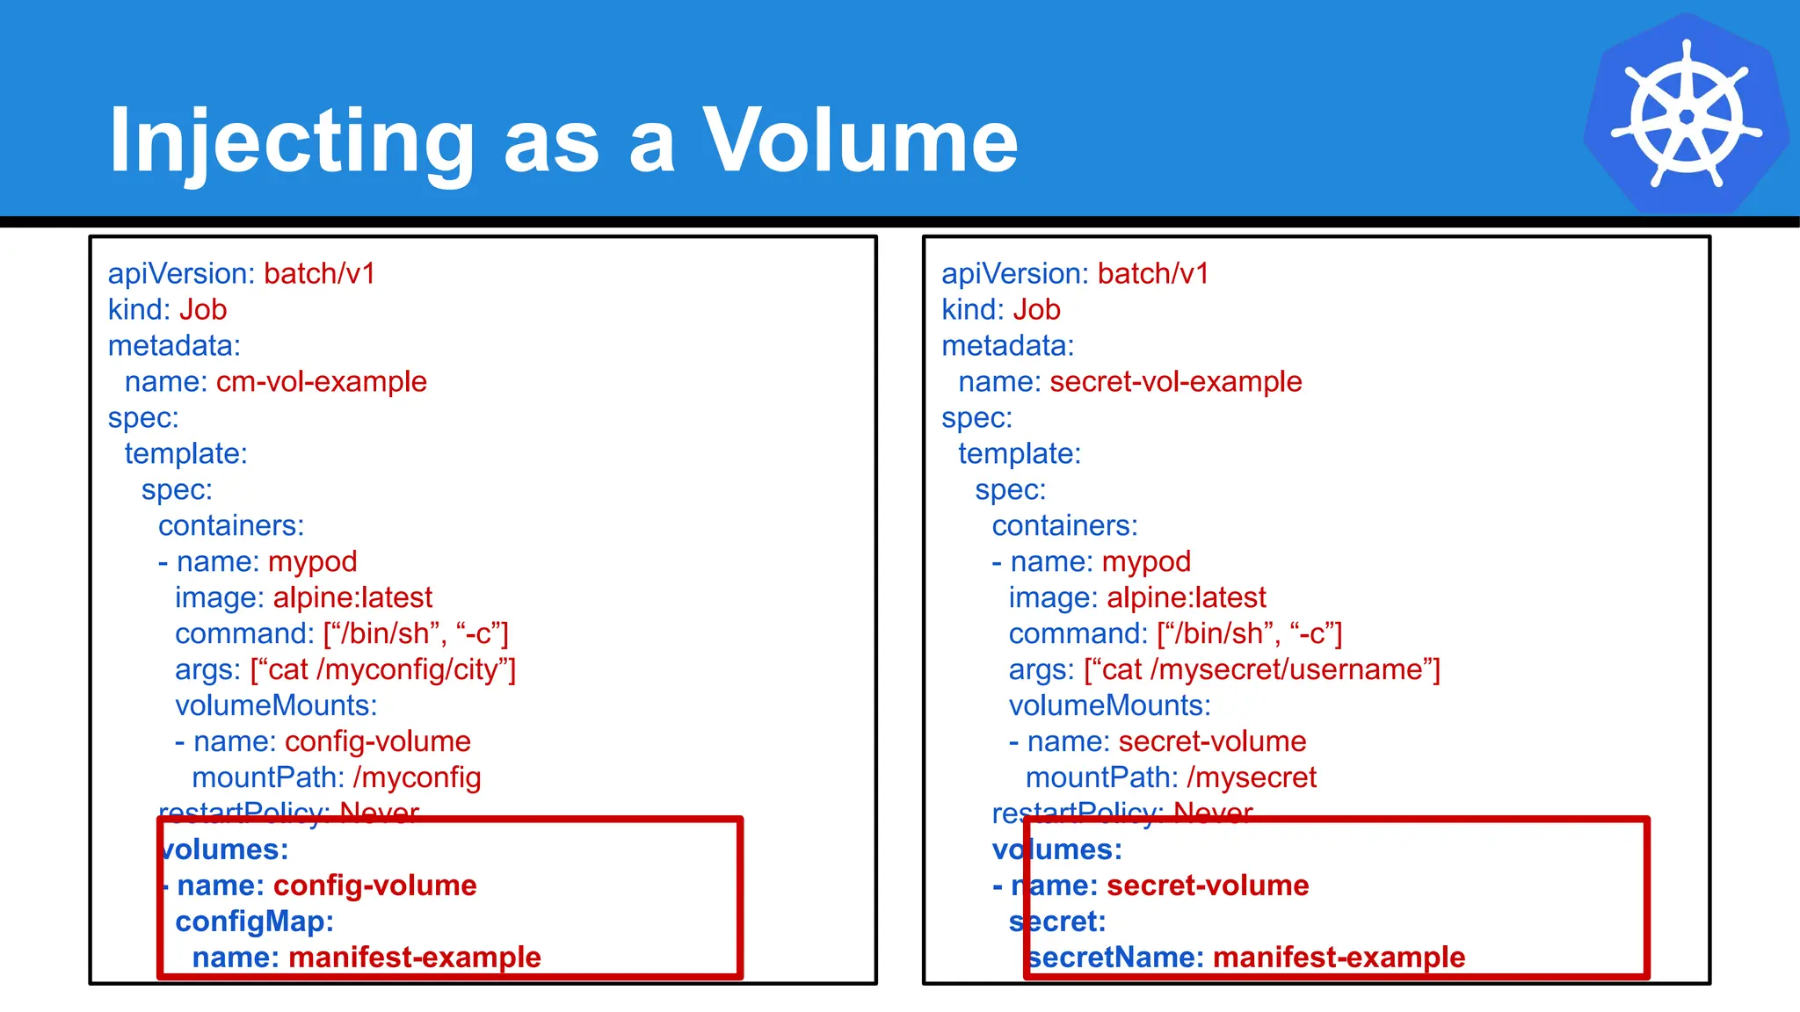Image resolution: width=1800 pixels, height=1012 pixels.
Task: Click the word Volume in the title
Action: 860,141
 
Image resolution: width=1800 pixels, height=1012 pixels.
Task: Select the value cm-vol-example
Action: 321,382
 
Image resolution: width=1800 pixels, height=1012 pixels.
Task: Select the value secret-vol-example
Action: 1175,382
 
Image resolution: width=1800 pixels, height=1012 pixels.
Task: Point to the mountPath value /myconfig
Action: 417,778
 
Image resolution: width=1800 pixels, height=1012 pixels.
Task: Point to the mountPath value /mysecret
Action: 1251,778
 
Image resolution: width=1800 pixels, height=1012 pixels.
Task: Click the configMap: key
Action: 254,922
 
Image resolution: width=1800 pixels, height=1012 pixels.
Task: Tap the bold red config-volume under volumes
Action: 374,885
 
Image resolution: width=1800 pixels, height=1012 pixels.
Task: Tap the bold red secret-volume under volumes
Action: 1208,885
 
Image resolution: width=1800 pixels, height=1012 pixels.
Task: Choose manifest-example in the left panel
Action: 414,958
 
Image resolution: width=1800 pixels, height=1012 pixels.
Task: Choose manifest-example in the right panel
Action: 1339,958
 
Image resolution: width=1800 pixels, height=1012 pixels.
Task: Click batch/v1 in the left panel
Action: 319,274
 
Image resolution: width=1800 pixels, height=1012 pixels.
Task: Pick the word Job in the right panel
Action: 1036,310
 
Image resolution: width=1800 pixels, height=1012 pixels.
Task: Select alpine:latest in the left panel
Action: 352,598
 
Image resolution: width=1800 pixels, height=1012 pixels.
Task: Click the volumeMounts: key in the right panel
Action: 1109,706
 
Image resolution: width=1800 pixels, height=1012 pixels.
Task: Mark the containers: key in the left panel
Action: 231,526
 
